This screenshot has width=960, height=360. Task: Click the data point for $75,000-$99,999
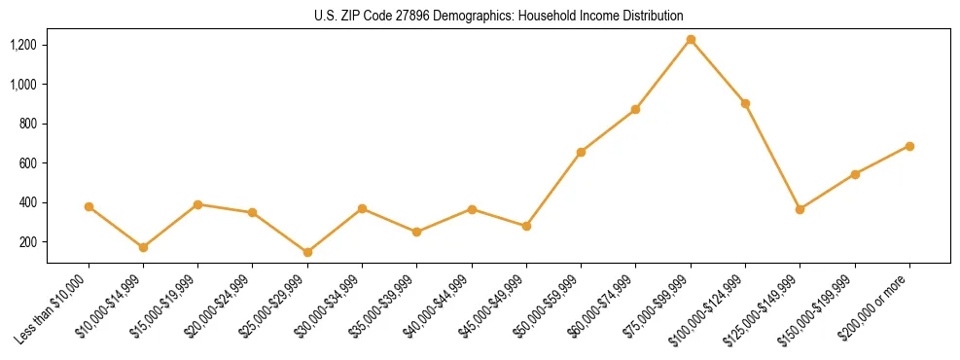click(691, 40)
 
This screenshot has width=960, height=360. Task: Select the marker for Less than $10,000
click(89, 206)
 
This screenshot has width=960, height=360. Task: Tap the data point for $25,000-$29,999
click(307, 252)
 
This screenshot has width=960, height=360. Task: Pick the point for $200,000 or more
click(909, 146)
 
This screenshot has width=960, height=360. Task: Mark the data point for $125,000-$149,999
click(800, 209)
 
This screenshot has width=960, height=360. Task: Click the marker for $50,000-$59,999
click(581, 152)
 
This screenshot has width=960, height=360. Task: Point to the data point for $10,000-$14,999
click(143, 247)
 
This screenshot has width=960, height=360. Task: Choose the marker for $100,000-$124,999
click(745, 103)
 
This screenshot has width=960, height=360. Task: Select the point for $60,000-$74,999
click(635, 109)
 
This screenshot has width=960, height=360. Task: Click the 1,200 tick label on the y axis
click(23, 45)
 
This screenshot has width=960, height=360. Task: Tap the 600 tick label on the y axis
click(27, 163)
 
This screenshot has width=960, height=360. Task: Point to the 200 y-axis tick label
click(27, 242)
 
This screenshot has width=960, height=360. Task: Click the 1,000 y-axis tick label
click(23, 85)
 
